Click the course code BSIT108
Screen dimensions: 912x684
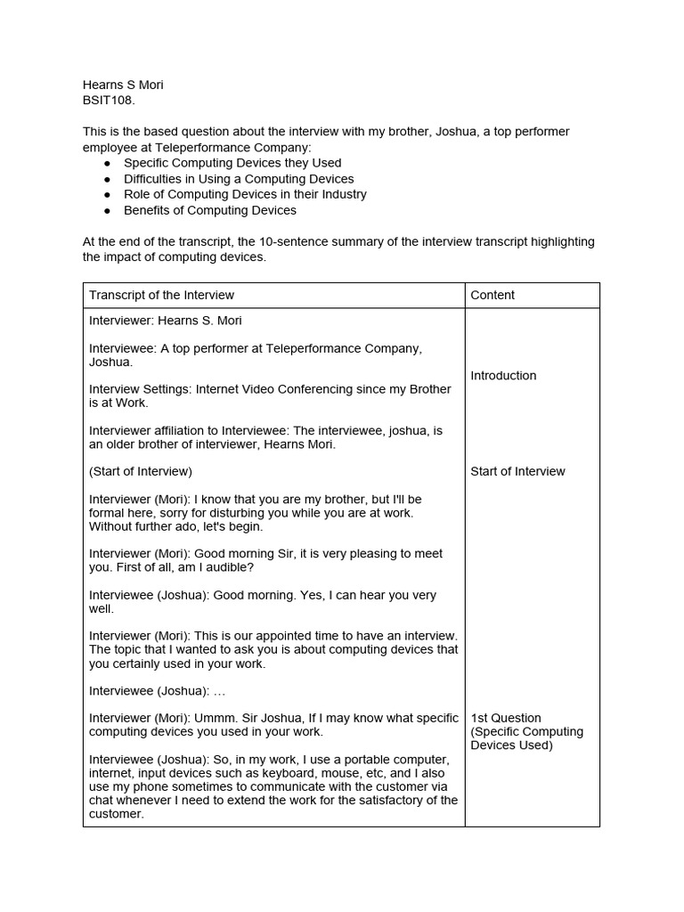(109, 101)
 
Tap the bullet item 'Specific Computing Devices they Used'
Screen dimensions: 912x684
(232, 163)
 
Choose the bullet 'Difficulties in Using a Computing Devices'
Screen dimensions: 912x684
(239, 179)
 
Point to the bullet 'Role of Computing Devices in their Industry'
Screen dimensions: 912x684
(245, 194)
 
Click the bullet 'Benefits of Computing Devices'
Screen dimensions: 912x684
(210, 210)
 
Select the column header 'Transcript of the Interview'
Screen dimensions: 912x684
(161, 295)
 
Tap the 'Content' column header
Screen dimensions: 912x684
(493, 295)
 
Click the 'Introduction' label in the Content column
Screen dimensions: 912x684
(503, 376)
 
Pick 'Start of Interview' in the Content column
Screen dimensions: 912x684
(517, 471)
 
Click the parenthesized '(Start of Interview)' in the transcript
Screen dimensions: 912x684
(141, 471)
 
